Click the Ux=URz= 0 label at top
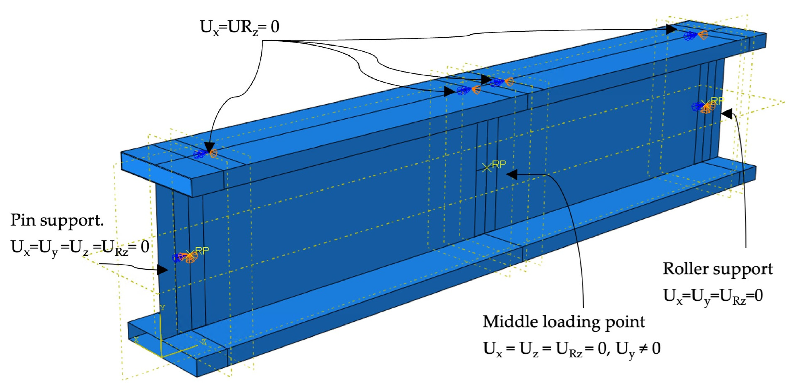pos(239,27)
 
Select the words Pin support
pos(57,220)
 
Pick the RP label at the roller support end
pos(718,101)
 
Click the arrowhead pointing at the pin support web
pos(162,270)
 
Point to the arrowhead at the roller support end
pos(727,114)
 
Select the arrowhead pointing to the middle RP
pos(512,174)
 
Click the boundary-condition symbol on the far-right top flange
pos(695,35)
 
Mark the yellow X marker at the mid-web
pos(487,168)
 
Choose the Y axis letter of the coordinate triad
pos(163,308)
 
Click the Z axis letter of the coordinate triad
pos(204,342)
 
